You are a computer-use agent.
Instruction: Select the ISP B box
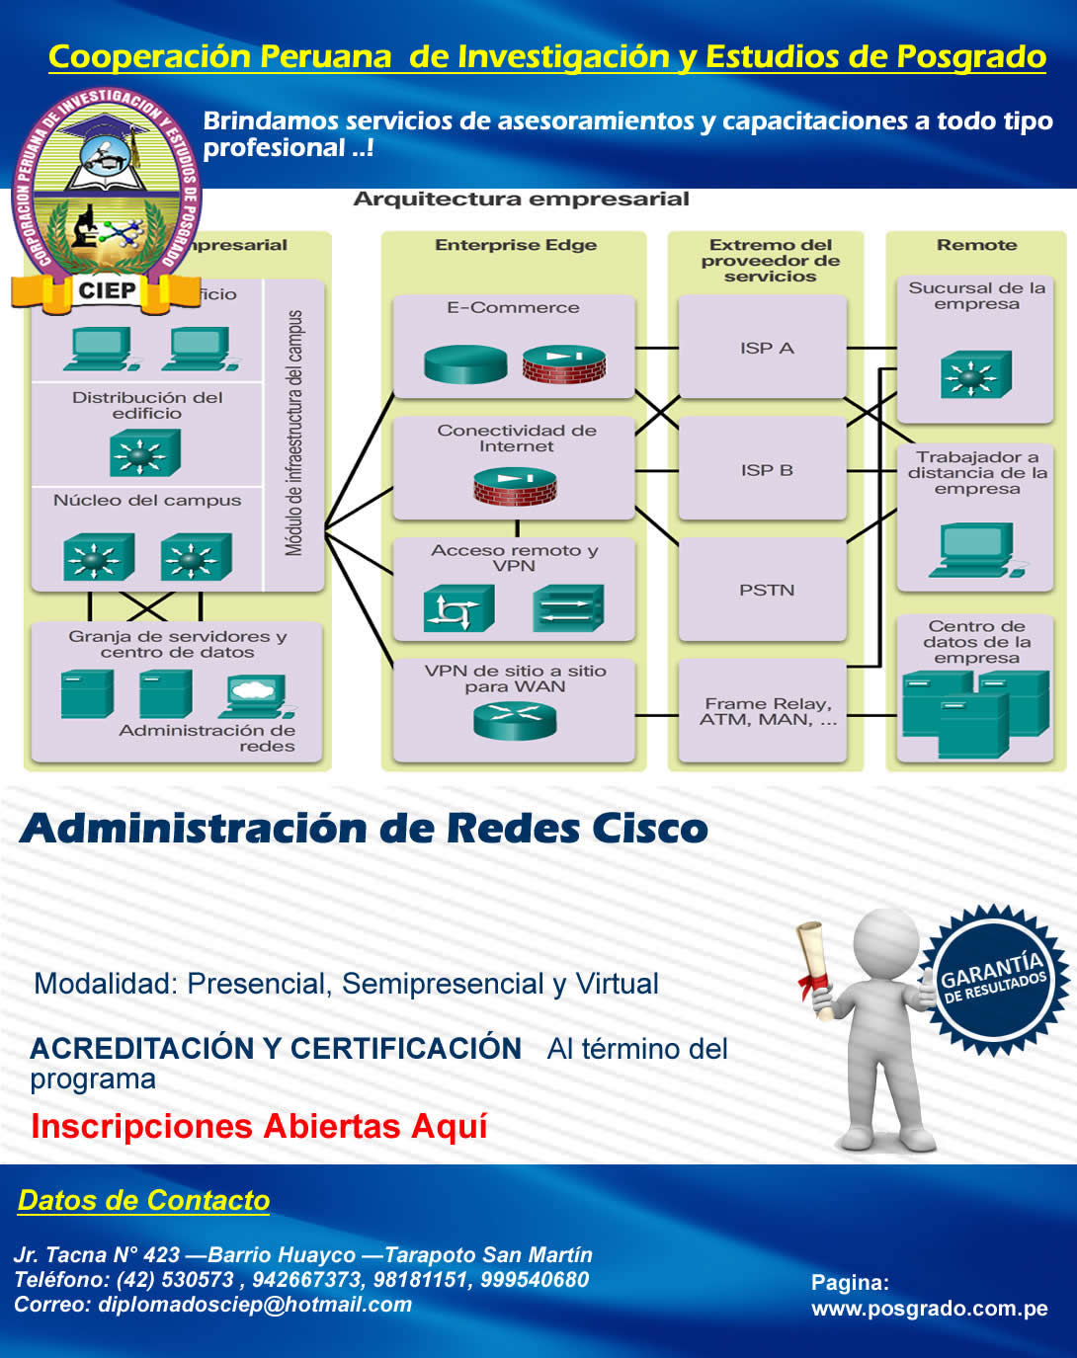tap(763, 470)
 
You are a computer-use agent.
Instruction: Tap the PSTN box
tap(763, 590)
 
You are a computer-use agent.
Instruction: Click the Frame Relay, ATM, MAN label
tap(767, 711)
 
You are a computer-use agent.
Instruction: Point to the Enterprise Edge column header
tap(515, 245)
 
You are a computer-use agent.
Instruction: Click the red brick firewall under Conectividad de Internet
tap(515, 487)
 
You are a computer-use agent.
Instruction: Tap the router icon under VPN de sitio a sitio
tap(515, 720)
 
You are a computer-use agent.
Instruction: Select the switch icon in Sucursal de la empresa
tap(975, 376)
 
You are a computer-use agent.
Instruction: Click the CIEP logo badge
tap(106, 198)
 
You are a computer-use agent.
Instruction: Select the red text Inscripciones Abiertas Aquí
tap(259, 1126)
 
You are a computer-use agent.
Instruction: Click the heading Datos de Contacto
tap(143, 1200)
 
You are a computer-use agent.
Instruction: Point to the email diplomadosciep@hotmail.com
tap(255, 1305)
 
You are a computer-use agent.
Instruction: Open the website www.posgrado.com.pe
tap(929, 1309)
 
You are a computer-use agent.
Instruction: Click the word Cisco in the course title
tap(650, 828)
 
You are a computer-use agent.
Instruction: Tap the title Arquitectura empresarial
tap(521, 199)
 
